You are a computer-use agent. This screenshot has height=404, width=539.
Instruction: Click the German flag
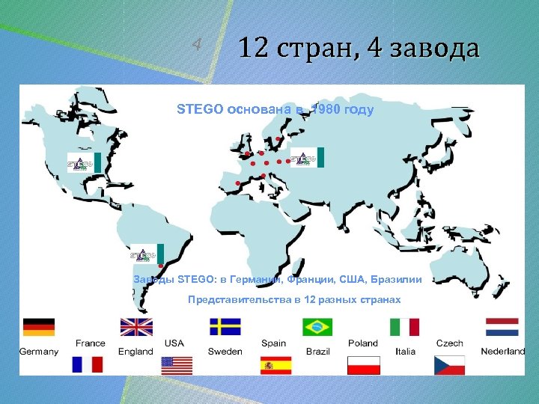pos(38,327)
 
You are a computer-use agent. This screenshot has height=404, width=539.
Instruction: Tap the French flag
pos(88,364)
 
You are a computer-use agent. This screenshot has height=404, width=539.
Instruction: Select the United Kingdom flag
pos(136,327)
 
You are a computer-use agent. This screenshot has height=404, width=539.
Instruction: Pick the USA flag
pos(177,364)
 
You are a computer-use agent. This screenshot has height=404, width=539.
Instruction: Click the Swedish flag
pos(225,327)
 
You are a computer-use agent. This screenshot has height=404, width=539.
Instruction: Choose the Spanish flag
pos(275,364)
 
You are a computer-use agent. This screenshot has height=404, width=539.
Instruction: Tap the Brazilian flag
pos(317,327)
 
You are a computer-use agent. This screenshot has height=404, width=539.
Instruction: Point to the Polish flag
pos(364,364)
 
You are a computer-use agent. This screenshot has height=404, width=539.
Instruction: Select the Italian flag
pos(404,327)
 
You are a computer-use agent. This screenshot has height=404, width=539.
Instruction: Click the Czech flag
pos(449,364)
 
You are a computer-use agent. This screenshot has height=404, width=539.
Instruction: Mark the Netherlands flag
pos(502,327)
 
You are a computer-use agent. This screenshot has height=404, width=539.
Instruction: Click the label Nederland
pos(502,351)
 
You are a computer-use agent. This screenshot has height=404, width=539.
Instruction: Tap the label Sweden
pos(225,351)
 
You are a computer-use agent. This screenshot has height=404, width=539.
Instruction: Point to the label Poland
pos(363,343)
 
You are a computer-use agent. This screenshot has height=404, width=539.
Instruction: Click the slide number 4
pos(196,44)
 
